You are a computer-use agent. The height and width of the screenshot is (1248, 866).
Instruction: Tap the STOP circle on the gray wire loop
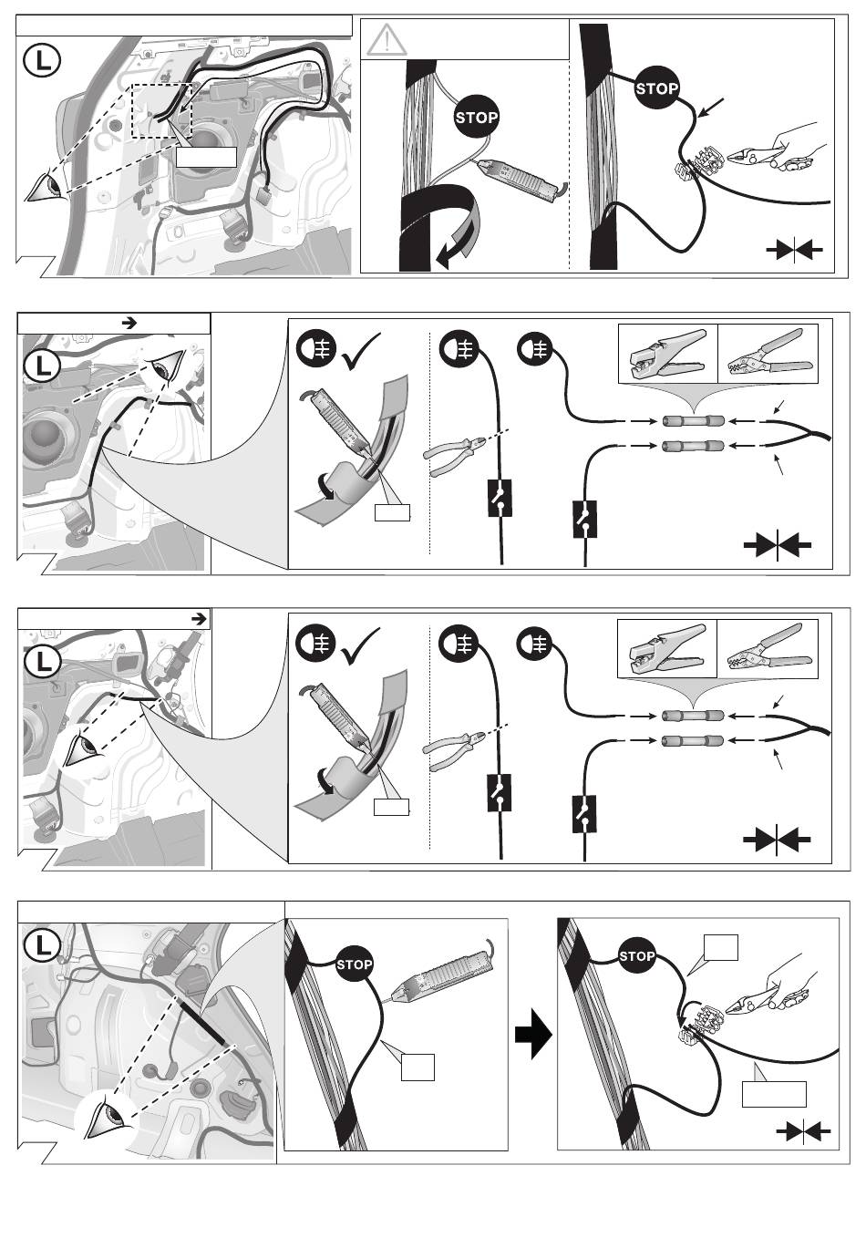point(476,117)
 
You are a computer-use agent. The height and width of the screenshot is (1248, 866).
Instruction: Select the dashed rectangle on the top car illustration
point(161,111)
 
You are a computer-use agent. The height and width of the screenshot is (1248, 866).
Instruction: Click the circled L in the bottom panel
point(42,945)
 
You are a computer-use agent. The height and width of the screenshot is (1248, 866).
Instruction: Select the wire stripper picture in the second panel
point(668,355)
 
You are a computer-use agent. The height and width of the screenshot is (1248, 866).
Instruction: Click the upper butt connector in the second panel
point(693,420)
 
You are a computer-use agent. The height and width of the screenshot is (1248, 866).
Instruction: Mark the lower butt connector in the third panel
point(693,740)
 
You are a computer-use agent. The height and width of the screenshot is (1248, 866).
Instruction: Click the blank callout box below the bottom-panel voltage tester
point(418,1067)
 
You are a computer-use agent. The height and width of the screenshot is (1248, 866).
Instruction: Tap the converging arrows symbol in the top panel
point(794,250)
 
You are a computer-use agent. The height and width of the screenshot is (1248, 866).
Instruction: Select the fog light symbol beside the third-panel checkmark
point(315,645)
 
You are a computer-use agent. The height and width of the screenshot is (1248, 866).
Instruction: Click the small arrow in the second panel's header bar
point(129,323)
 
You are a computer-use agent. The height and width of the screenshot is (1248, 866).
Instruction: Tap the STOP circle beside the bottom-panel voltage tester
point(354,964)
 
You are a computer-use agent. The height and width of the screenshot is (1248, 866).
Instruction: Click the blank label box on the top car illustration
point(206,157)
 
